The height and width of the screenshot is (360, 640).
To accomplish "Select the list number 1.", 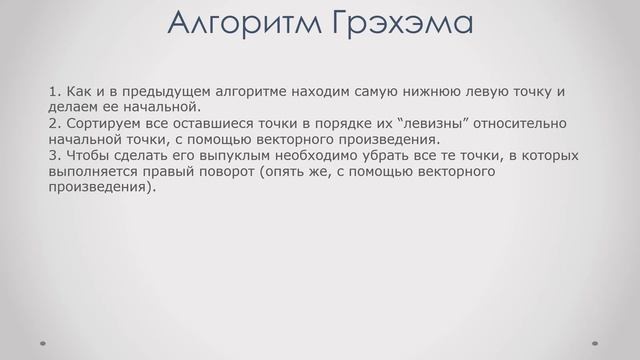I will (52, 92).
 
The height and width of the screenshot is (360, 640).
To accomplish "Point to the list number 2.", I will (52, 124).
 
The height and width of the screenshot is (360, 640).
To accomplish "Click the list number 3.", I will (52, 156).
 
